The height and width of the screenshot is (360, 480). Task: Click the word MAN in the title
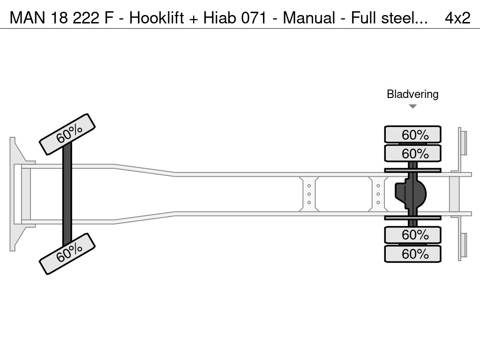[28, 18]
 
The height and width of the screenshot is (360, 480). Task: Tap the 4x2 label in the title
[457, 18]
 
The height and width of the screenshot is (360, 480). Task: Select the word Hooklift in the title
[157, 18]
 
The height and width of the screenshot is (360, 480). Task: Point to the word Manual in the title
[309, 18]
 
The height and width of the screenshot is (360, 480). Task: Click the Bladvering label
[412, 94]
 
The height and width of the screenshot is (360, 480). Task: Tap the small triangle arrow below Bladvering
[412, 106]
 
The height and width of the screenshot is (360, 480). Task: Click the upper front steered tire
[67, 135]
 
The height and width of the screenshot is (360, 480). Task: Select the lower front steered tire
[67, 254]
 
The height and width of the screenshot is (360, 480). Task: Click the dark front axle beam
[67, 194]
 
